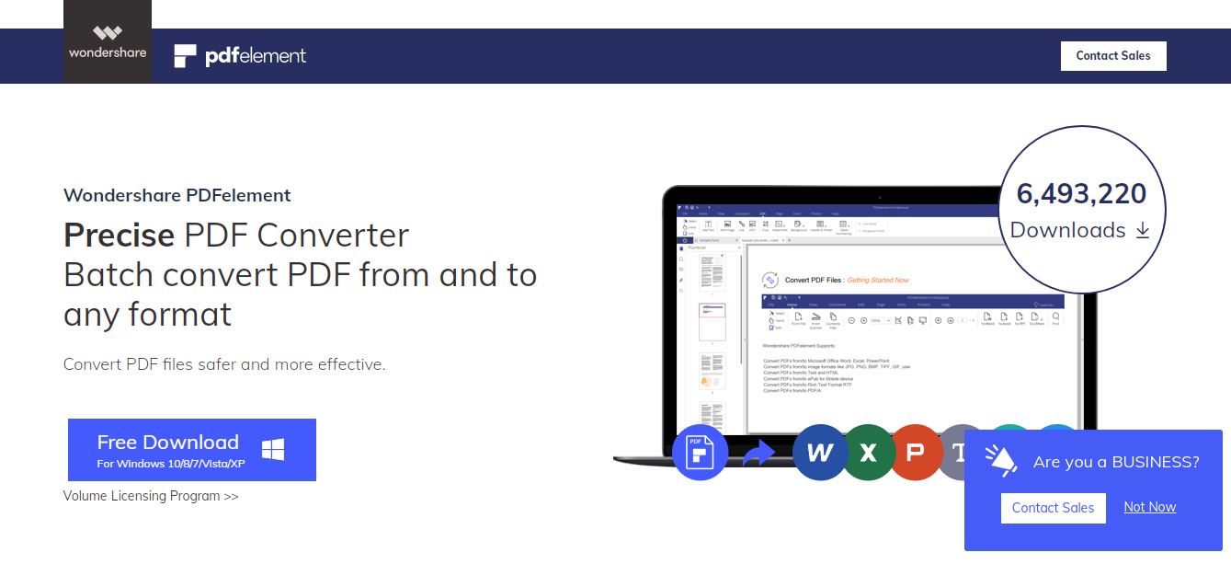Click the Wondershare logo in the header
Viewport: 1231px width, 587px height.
(x=108, y=42)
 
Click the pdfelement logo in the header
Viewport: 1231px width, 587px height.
(x=240, y=56)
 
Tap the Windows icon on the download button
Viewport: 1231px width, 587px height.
(x=272, y=450)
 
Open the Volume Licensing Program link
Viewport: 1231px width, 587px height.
(x=151, y=496)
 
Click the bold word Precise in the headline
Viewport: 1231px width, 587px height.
(x=119, y=236)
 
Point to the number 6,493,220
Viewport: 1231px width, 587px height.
(x=1081, y=194)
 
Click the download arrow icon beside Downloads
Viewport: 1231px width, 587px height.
(x=1143, y=230)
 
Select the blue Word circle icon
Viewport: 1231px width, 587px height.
(x=820, y=452)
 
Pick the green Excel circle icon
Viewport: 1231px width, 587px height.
(x=868, y=452)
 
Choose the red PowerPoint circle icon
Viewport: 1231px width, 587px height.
(x=915, y=452)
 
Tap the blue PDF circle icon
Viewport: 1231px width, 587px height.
(x=700, y=452)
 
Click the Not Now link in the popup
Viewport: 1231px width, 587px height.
(x=1149, y=507)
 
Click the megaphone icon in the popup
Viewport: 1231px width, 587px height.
(x=1000, y=460)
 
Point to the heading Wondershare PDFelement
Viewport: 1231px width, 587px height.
(x=177, y=195)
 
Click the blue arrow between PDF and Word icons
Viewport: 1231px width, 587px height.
(x=758, y=453)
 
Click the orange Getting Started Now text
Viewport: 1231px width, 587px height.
(x=877, y=280)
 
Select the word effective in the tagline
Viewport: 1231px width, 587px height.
(x=350, y=364)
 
